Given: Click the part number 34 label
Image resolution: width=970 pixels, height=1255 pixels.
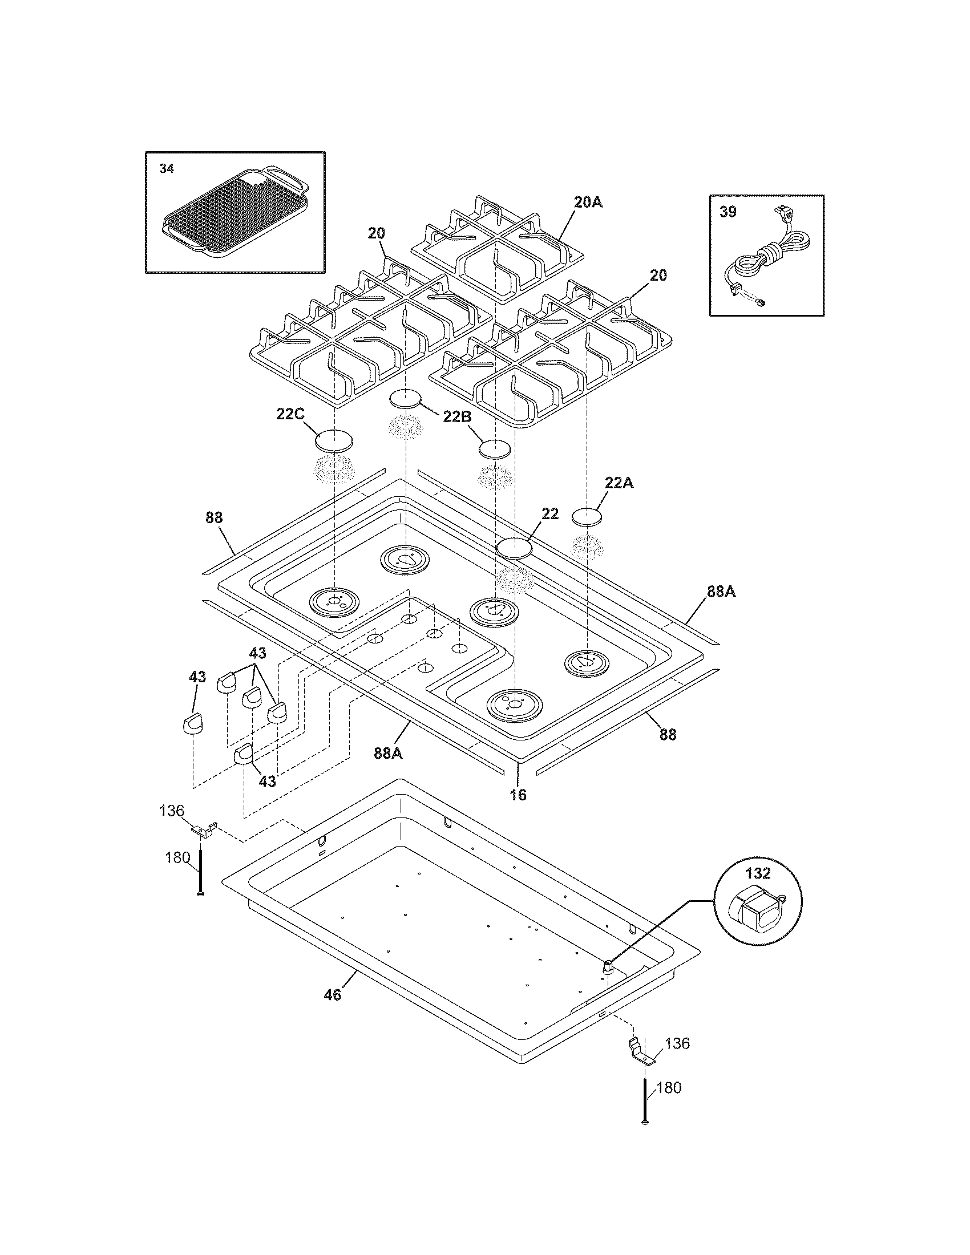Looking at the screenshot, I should pyautogui.click(x=166, y=169).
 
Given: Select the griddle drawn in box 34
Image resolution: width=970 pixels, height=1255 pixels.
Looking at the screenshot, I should pyautogui.click(x=236, y=213).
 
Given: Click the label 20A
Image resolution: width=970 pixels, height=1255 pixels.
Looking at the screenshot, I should pyautogui.click(x=588, y=203).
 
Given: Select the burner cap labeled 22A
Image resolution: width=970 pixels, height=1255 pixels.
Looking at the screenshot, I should pyautogui.click(x=587, y=516).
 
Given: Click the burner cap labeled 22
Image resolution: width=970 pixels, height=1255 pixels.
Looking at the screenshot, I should pyautogui.click(x=514, y=548).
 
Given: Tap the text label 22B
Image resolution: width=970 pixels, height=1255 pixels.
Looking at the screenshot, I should pyautogui.click(x=457, y=416).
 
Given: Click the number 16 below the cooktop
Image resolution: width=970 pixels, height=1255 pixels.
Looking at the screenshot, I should pyautogui.click(x=518, y=795).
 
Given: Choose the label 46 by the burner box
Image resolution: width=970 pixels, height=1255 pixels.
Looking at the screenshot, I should pyautogui.click(x=332, y=994).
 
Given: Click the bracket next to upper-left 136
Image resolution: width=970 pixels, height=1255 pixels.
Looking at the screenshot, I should pyautogui.click(x=205, y=829).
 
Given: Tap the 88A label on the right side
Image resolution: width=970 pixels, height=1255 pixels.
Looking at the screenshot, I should pyautogui.click(x=721, y=592).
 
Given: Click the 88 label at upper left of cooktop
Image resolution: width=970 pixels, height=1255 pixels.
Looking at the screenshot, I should pyautogui.click(x=214, y=518).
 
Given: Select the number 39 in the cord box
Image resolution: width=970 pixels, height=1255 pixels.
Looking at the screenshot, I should pyautogui.click(x=727, y=212).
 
